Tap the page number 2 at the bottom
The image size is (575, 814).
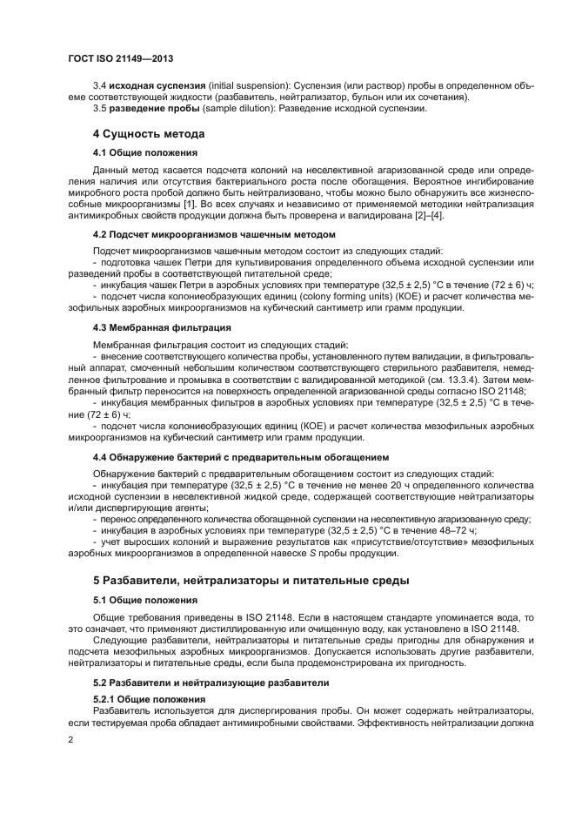coord(70,739)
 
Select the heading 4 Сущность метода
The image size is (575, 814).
coord(148,134)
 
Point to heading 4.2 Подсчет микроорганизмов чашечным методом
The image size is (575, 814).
coord(213,235)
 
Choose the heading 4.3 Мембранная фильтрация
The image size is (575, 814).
coord(150,327)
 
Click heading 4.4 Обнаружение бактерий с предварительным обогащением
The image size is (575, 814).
coord(240,456)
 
